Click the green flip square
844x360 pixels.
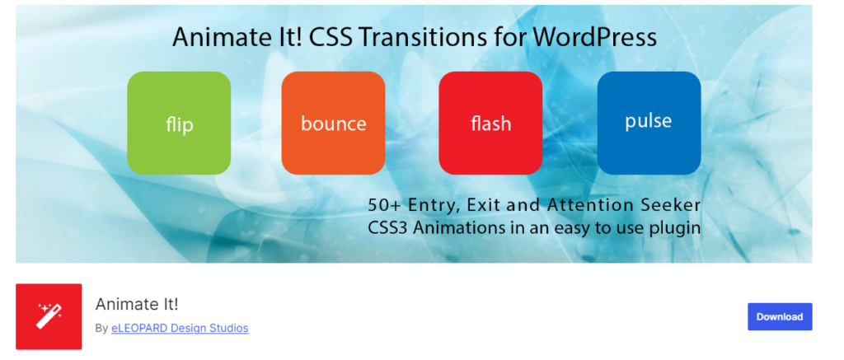click(x=179, y=123)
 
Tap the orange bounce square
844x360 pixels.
click(x=333, y=123)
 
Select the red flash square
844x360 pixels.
click(x=490, y=123)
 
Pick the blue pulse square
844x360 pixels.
click(x=649, y=123)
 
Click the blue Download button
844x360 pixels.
click(x=780, y=316)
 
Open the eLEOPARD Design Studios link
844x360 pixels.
click(x=180, y=328)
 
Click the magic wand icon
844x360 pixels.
click(x=49, y=316)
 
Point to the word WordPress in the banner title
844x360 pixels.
click(x=595, y=38)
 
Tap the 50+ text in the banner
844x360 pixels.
click(x=386, y=205)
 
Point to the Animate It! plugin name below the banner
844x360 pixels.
click(x=137, y=305)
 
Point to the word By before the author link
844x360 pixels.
click(x=101, y=328)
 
